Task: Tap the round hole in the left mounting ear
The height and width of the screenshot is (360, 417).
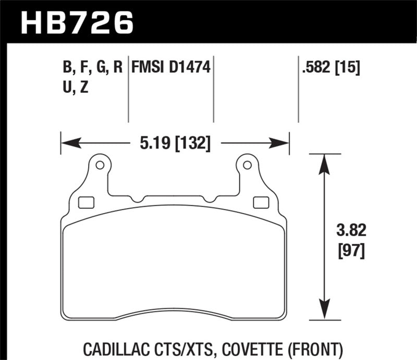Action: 100,166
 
